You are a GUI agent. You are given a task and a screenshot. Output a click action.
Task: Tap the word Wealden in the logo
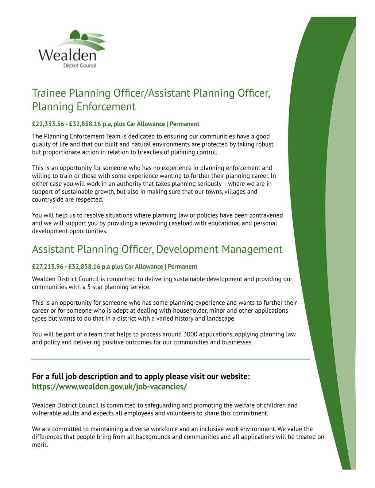pyautogui.click(x=67, y=56)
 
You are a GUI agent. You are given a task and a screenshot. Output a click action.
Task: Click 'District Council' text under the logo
pyautogui.click(x=80, y=66)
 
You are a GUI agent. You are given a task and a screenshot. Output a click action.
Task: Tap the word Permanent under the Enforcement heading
pyautogui.click(x=184, y=124)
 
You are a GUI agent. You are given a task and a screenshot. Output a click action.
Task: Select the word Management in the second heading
pyautogui.click(x=252, y=249)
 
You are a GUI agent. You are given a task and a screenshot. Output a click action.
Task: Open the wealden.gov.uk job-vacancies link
pyautogui.click(x=109, y=387)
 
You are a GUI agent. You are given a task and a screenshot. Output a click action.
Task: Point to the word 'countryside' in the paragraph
pyautogui.click(x=47, y=200)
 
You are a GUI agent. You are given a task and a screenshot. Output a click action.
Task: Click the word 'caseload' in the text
pyautogui.click(x=181, y=223)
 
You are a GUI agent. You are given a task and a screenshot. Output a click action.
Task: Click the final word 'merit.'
pyautogui.click(x=40, y=445)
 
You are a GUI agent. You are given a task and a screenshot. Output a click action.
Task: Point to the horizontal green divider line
pyautogui.click(x=170, y=359)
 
